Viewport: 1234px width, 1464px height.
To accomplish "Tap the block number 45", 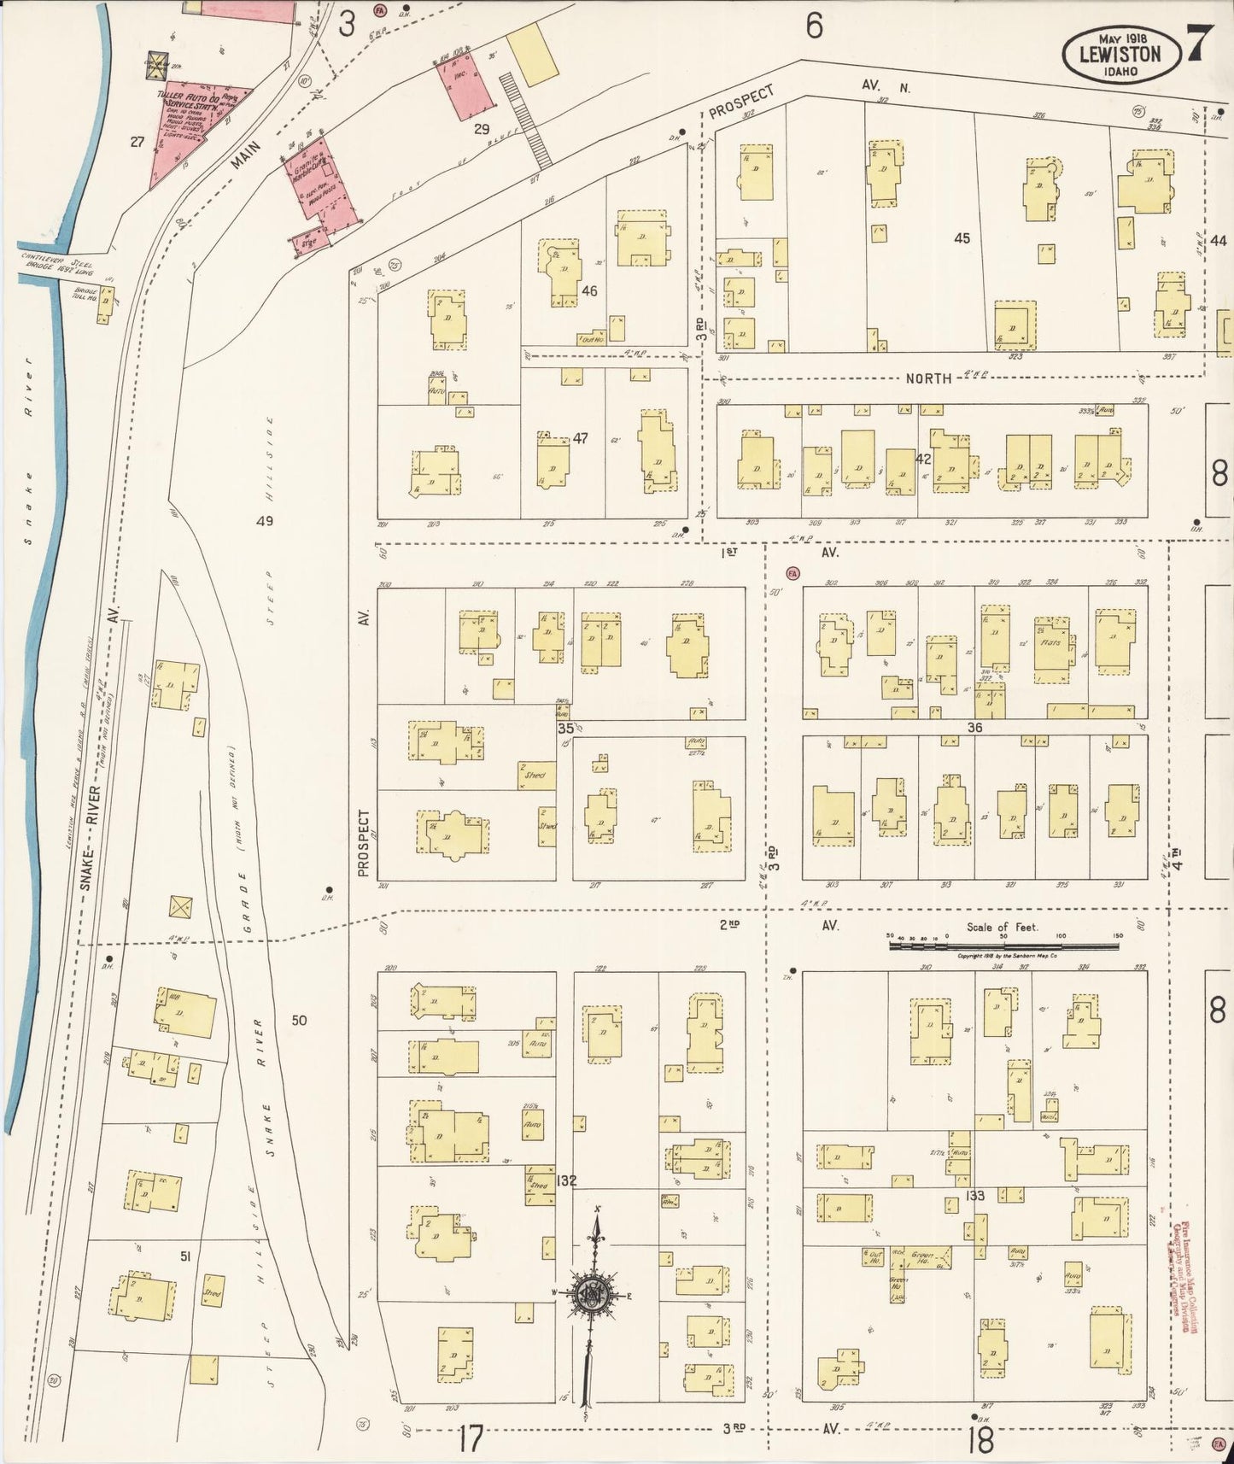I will pyautogui.click(x=962, y=238).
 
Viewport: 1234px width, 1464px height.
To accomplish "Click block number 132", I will pyautogui.click(x=565, y=1181).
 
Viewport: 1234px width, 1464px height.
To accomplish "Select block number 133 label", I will pyautogui.click(x=974, y=1196).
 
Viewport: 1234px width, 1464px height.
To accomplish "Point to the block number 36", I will pyautogui.click(x=974, y=728).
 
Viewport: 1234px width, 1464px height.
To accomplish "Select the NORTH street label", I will pyautogui.click(x=928, y=378).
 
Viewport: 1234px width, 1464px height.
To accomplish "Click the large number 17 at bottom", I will pyautogui.click(x=470, y=1438).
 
